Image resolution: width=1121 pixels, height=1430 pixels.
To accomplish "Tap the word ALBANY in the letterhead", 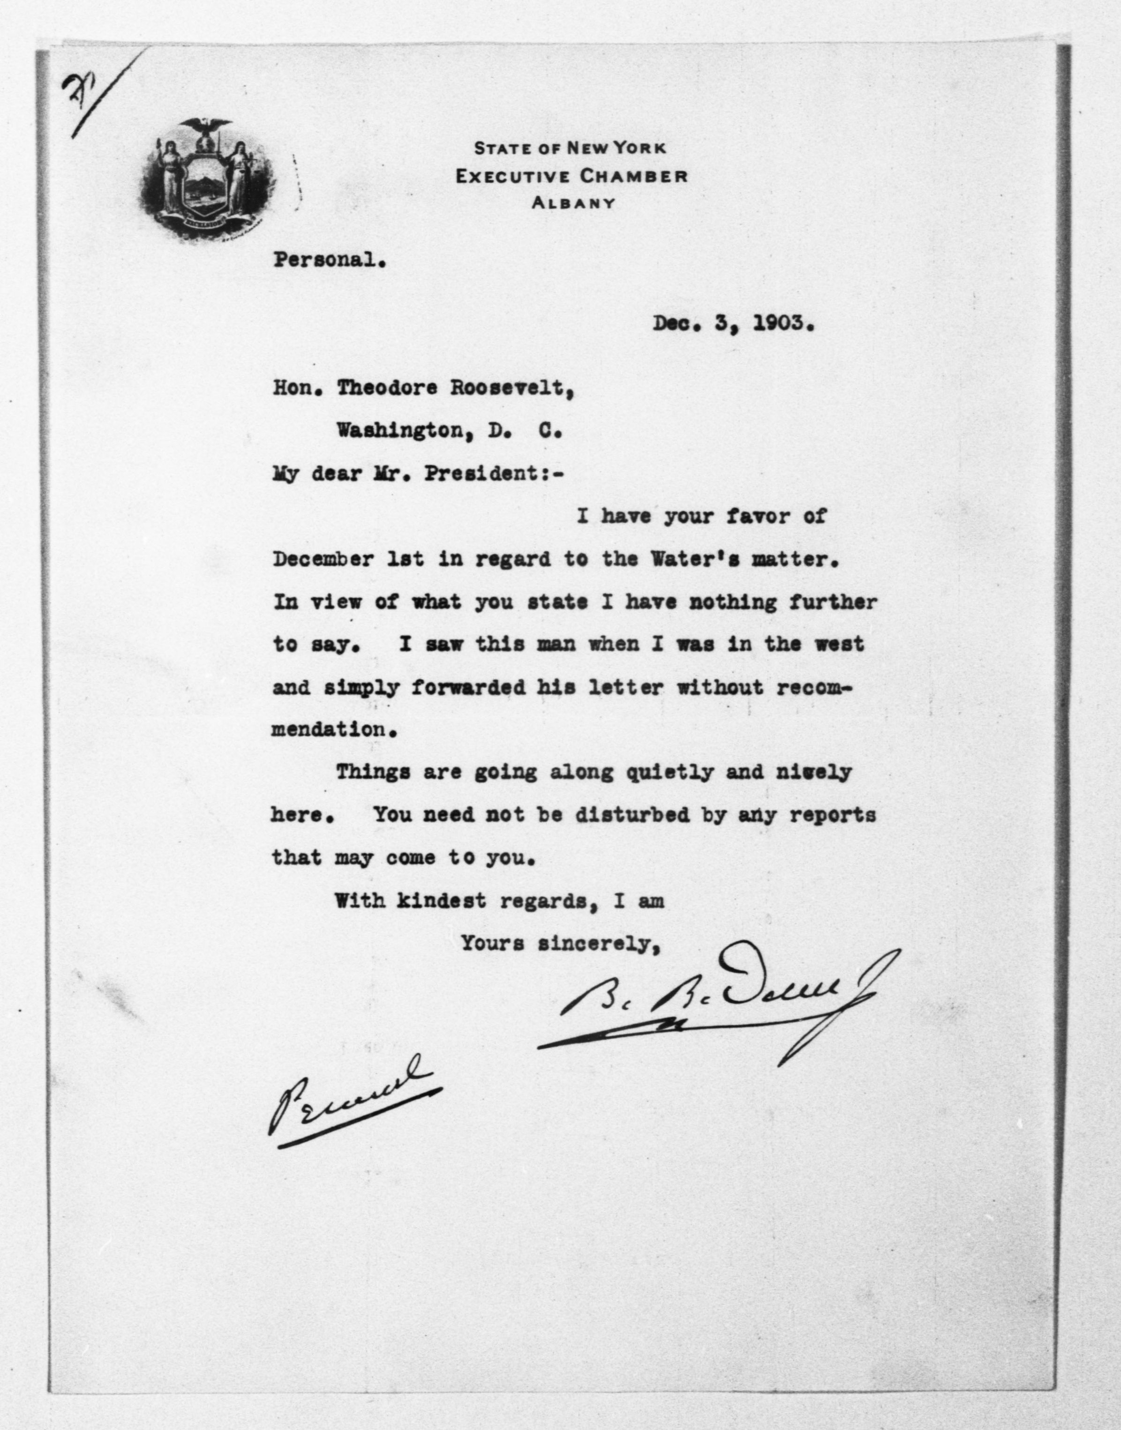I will coord(572,203).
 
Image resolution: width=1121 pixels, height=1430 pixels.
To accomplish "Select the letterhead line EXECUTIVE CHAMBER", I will coord(572,176).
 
